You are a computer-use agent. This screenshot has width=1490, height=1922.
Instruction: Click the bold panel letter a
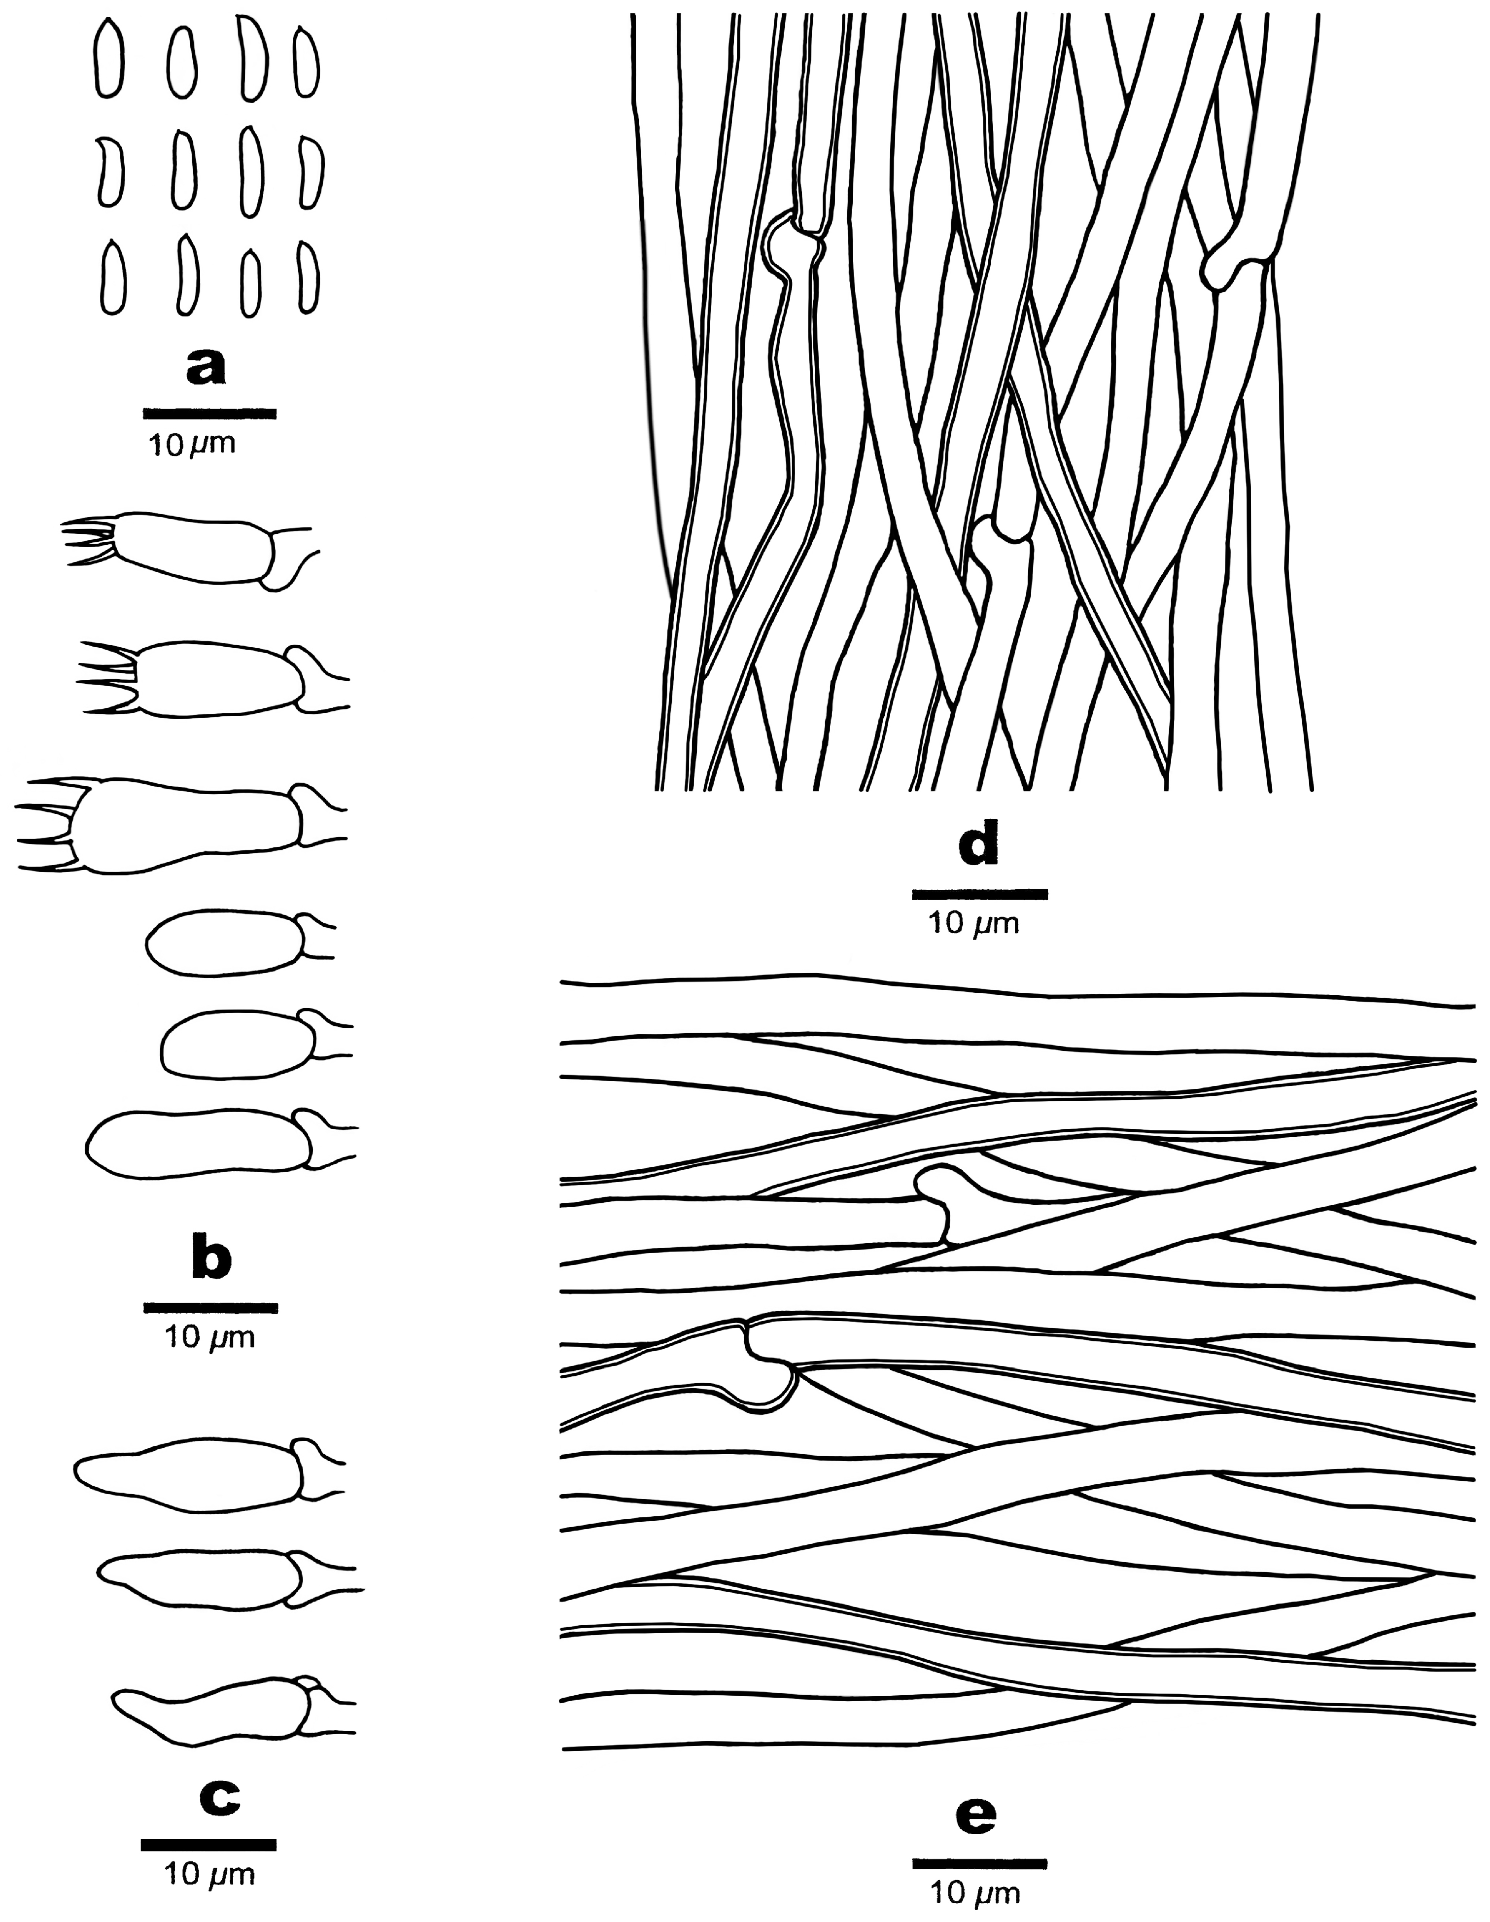[206, 368]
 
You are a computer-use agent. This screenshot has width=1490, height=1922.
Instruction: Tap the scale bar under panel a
[210, 412]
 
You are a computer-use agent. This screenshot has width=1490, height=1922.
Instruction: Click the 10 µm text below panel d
[975, 925]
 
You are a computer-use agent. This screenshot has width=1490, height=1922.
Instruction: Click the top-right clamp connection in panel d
[1232, 260]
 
